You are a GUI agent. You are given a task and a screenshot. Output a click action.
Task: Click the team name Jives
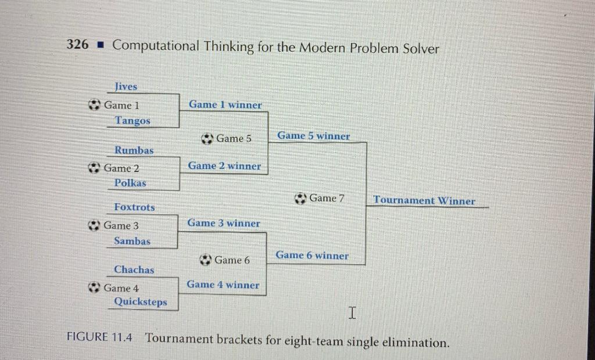pos(126,87)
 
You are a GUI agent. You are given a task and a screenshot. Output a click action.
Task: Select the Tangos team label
pos(132,121)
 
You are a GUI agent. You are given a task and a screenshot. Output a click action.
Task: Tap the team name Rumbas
pos(134,150)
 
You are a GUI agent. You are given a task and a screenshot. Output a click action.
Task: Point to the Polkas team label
pos(130,183)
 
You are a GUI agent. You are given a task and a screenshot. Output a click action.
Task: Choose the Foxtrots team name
pos(134,207)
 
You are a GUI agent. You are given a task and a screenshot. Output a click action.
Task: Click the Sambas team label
pos(131,241)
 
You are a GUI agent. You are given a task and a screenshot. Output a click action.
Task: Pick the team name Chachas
pos(134,269)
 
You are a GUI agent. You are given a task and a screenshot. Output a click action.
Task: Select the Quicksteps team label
pos(140,302)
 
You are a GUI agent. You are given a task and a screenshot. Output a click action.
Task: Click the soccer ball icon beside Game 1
pos(94,105)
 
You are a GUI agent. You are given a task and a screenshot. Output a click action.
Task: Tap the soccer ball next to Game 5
pos(207,139)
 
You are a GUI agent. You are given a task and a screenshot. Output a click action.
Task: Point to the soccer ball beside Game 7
pos(300,199)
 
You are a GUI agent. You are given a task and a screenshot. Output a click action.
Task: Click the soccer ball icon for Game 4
pos(94,287)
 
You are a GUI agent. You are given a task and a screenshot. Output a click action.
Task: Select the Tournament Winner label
pos(424,201)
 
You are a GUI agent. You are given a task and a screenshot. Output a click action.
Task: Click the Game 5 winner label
pos(313,136)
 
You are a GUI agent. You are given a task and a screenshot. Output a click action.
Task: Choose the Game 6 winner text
pos(312,255)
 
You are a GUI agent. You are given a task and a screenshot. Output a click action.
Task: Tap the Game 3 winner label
pos(223,223)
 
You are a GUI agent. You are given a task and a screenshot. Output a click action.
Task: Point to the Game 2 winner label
pos(224,166)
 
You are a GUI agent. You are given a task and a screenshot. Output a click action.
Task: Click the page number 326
pos(77,45)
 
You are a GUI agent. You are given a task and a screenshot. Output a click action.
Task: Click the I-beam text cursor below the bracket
pos(352,314)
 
